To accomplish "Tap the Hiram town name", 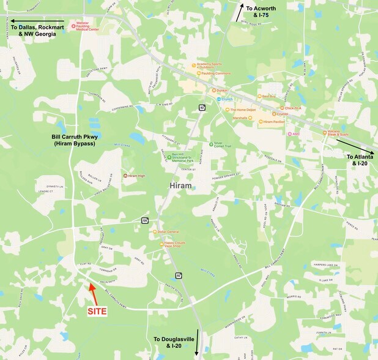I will [180, 186].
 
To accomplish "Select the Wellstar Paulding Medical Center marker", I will [73, 26].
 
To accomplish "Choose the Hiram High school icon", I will [125, 176].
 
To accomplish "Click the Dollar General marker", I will [155, 232].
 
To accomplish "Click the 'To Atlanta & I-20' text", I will [358, 160].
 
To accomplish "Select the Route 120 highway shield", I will [145, 220].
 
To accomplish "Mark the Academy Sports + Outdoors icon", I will [194, 64].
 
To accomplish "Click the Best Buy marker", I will [259, 96].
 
